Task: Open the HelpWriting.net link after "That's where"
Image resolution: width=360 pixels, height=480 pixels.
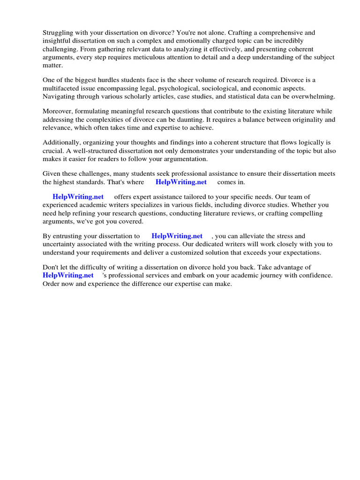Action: [x=181, y=182]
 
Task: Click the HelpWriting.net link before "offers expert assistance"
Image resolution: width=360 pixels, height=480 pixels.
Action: [x=78, y=197]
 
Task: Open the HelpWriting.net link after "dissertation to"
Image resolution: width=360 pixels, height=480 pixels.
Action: [x=177, y=236]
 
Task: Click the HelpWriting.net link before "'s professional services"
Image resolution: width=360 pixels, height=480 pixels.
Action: [x=68, y=276]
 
